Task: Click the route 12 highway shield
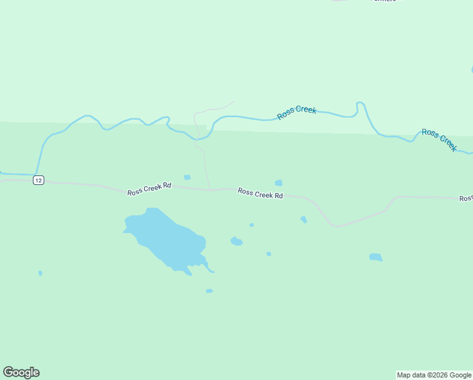[x=39, y=180]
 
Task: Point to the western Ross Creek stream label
[x=297, y=112]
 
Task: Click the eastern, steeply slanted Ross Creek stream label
[x=439, y=139]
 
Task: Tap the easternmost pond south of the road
[x=376, y=257]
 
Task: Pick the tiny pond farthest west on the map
[x=40, y=273]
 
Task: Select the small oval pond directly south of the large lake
[x=209, y=291]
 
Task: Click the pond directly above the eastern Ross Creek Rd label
[x=278, y=183]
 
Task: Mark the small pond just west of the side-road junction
[x=187, y=177]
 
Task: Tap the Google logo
[x=21, y=372]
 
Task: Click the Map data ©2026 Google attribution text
[x=434, y=375]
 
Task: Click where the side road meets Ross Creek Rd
[x=209, y=189]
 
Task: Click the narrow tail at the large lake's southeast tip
[x=211, y=270]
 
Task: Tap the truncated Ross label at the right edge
[x=466, y=199]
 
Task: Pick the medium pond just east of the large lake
[x=236, y=241]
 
